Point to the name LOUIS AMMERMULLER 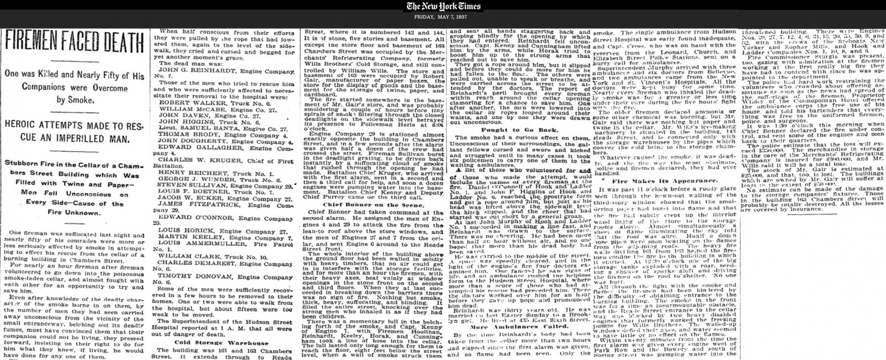pos(199,242)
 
